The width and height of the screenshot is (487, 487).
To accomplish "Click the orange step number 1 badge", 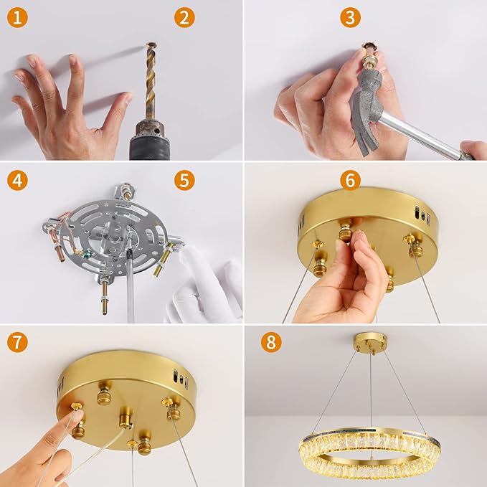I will pyautogui.click(x=18, y=17).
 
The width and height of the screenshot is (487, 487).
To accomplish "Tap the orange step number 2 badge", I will pyautogui.click(x=184, y=17).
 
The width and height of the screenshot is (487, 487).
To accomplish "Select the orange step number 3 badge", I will pyautogui.click(x=350, y=17).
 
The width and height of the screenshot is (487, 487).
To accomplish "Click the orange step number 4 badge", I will pyautogui.click(x=18, y=179).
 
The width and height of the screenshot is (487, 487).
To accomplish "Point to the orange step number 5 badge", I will pyautogui.click(x=184, y=179).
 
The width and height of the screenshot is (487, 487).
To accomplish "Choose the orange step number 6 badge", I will pyautogui.click(x=350, y=179).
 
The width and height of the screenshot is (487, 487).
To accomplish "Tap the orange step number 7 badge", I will pyautogui.click(x=18, y=342).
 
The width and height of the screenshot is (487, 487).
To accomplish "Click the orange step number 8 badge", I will pyautogui.click(x=270, y=342).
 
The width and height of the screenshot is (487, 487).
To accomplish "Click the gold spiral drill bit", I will pyautogui.click(x=150, y=79).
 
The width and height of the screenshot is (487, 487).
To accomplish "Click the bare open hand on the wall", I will pyautogui.click(x=68, y=108).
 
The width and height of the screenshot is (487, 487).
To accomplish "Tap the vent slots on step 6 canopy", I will pyautogui.click(x=422, y=216).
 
